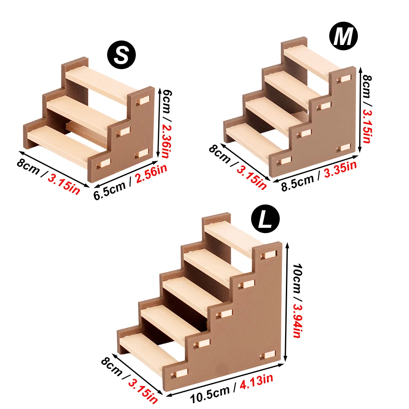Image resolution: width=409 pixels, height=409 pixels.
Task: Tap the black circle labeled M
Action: (x=343, y=37)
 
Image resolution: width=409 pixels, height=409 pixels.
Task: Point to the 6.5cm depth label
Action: (x=110, y=188)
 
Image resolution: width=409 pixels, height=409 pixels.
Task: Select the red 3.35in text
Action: (x=340, y=168)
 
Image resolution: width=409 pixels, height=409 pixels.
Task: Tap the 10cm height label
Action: (x=297, y=275)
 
